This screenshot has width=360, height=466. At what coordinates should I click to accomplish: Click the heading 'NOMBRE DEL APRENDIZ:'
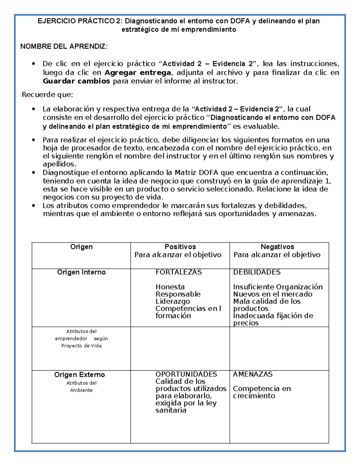coord(63,47)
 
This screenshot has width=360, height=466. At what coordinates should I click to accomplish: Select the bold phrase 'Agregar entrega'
coord(138,73)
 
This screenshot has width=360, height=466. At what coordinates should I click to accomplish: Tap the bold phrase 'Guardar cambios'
coord(76,81)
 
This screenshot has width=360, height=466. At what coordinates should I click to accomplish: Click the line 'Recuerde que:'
coord(47,95)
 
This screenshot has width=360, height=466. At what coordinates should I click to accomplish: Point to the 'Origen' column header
coord(81,247)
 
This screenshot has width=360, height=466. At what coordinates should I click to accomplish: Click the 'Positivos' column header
coord(180,247)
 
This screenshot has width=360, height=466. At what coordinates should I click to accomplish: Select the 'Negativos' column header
coord(277,247)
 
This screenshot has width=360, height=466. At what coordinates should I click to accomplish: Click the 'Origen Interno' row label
coord(81,272)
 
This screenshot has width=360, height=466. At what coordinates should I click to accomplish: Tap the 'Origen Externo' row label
coord(79,375)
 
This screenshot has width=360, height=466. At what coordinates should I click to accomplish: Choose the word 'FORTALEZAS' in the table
coord(178,272)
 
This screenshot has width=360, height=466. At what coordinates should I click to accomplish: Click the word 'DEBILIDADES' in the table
coord(257,272)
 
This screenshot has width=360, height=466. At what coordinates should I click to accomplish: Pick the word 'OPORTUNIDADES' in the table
coord(186,374)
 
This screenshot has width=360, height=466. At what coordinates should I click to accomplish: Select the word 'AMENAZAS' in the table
coord(253,374)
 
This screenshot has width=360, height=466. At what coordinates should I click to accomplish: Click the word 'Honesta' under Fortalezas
coord(170,287)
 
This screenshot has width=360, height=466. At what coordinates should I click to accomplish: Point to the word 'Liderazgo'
coord(172,301)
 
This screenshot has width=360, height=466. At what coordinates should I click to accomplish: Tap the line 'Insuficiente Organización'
coord(278,287)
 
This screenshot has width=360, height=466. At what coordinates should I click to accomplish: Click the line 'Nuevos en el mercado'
coord(273,294)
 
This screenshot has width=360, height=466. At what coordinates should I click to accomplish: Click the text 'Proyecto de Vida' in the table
coord(81,346)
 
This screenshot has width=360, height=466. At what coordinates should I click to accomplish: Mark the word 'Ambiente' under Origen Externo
coord(81,390)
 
